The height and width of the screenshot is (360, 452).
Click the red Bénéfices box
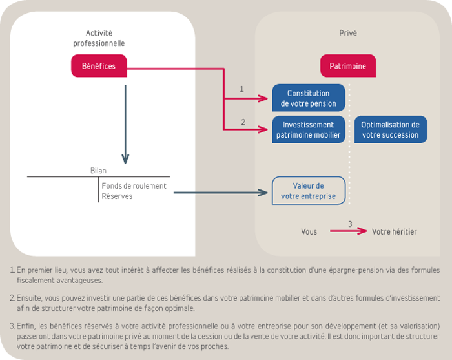pos(99,65)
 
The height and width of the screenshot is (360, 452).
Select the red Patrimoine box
pos(347,66)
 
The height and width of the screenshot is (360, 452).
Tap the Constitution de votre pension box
pos(308,98)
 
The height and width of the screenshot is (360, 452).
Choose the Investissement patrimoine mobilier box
pos(308,130)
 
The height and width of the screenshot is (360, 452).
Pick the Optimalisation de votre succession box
pos(390,130)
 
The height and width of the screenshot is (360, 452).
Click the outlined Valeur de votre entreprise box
pos(308,191)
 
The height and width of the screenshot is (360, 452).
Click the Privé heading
pos(347,33)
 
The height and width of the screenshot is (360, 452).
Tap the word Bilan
pos(98,171)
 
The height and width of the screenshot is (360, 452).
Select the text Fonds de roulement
pos(134,186)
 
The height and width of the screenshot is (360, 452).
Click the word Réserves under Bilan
pos(117,196)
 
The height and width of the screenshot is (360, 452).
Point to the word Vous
pos(309,231)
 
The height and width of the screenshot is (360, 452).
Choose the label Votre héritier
pos(394,231)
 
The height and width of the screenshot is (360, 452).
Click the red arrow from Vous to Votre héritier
pos(349,231)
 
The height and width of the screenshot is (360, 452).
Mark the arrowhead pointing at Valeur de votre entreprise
pos(263,192)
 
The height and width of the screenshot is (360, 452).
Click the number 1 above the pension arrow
pos(241,89)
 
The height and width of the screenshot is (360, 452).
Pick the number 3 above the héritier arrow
pos(350,224)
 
